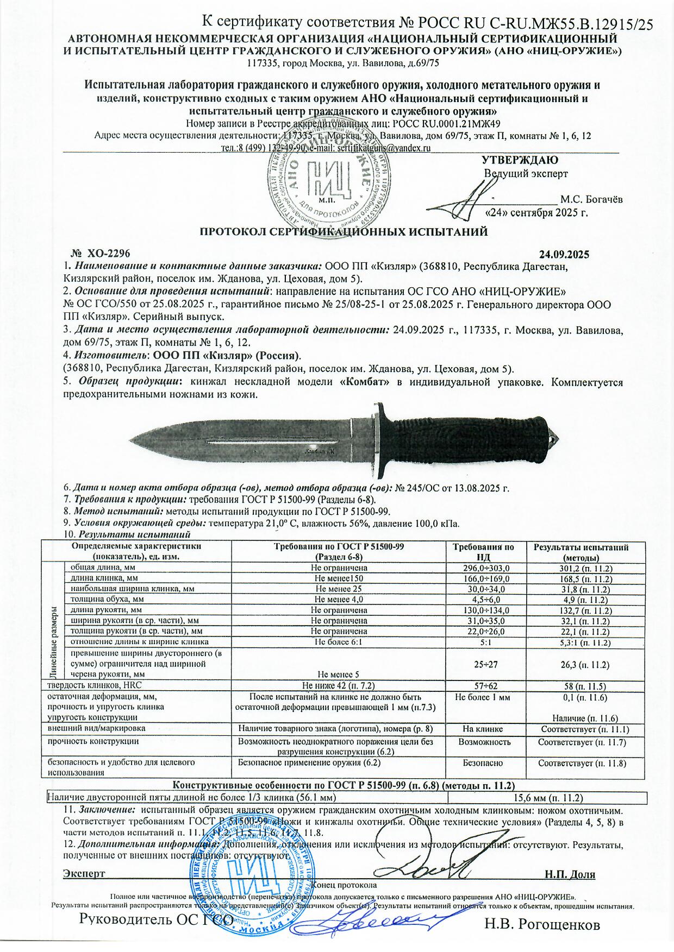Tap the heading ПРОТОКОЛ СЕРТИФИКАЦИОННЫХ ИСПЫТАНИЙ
click(344, 232)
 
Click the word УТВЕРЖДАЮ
click(520, 161)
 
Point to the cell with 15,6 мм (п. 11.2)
click(548, 798)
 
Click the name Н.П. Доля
click(570, 874)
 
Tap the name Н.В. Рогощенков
click(542, 924)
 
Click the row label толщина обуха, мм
click(107, 600)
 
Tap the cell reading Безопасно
click(486, 763)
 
